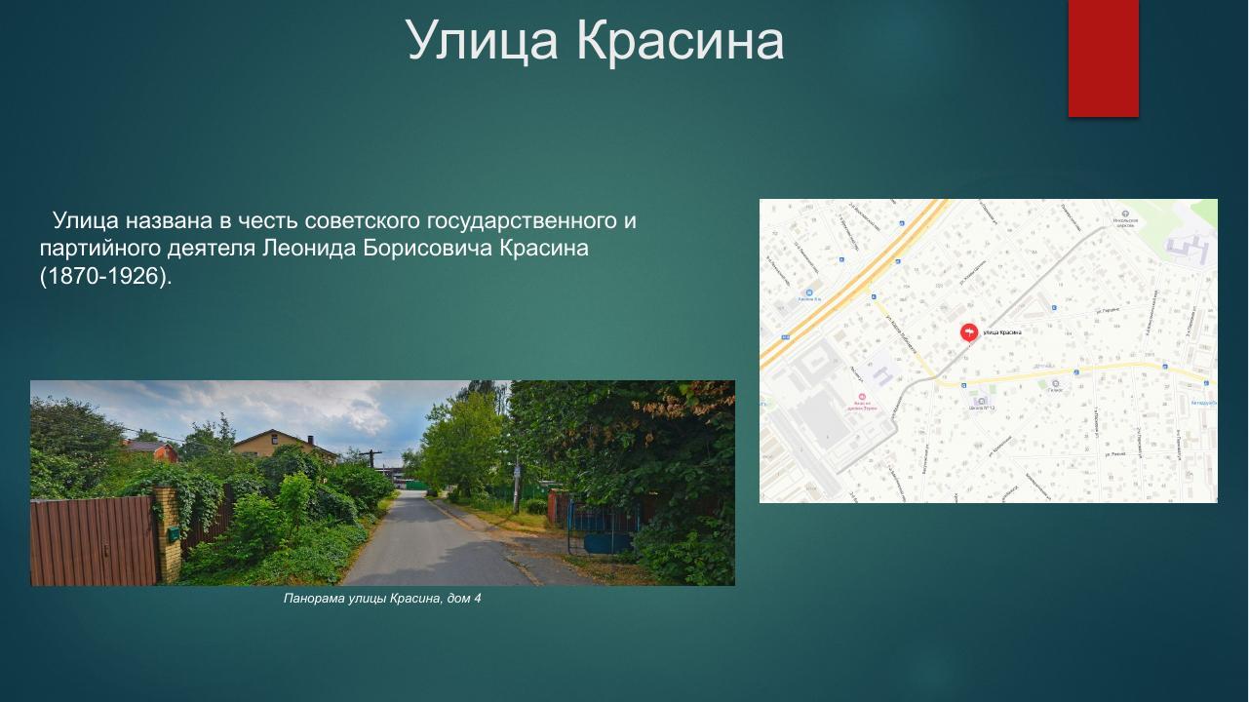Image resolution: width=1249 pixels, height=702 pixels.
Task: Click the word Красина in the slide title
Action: coord(680,41)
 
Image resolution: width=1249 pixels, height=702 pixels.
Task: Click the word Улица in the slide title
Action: coord(482,41)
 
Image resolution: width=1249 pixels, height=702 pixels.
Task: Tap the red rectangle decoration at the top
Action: coord(1103,58)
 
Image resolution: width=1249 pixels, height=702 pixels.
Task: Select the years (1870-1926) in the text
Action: coord(105,277)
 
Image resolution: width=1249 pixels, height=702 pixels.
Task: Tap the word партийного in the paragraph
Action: coord(94,249)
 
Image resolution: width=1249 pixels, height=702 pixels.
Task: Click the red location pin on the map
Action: coord(969,332)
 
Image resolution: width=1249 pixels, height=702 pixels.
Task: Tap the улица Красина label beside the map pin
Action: coord(1002,332)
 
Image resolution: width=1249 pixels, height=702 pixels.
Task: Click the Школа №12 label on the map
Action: coord(981,409)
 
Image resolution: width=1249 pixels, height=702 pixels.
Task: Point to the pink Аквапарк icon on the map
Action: coord(862,397)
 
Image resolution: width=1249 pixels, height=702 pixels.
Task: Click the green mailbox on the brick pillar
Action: coord(173,533)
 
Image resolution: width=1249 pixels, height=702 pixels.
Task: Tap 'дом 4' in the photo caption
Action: coord(464,599)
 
